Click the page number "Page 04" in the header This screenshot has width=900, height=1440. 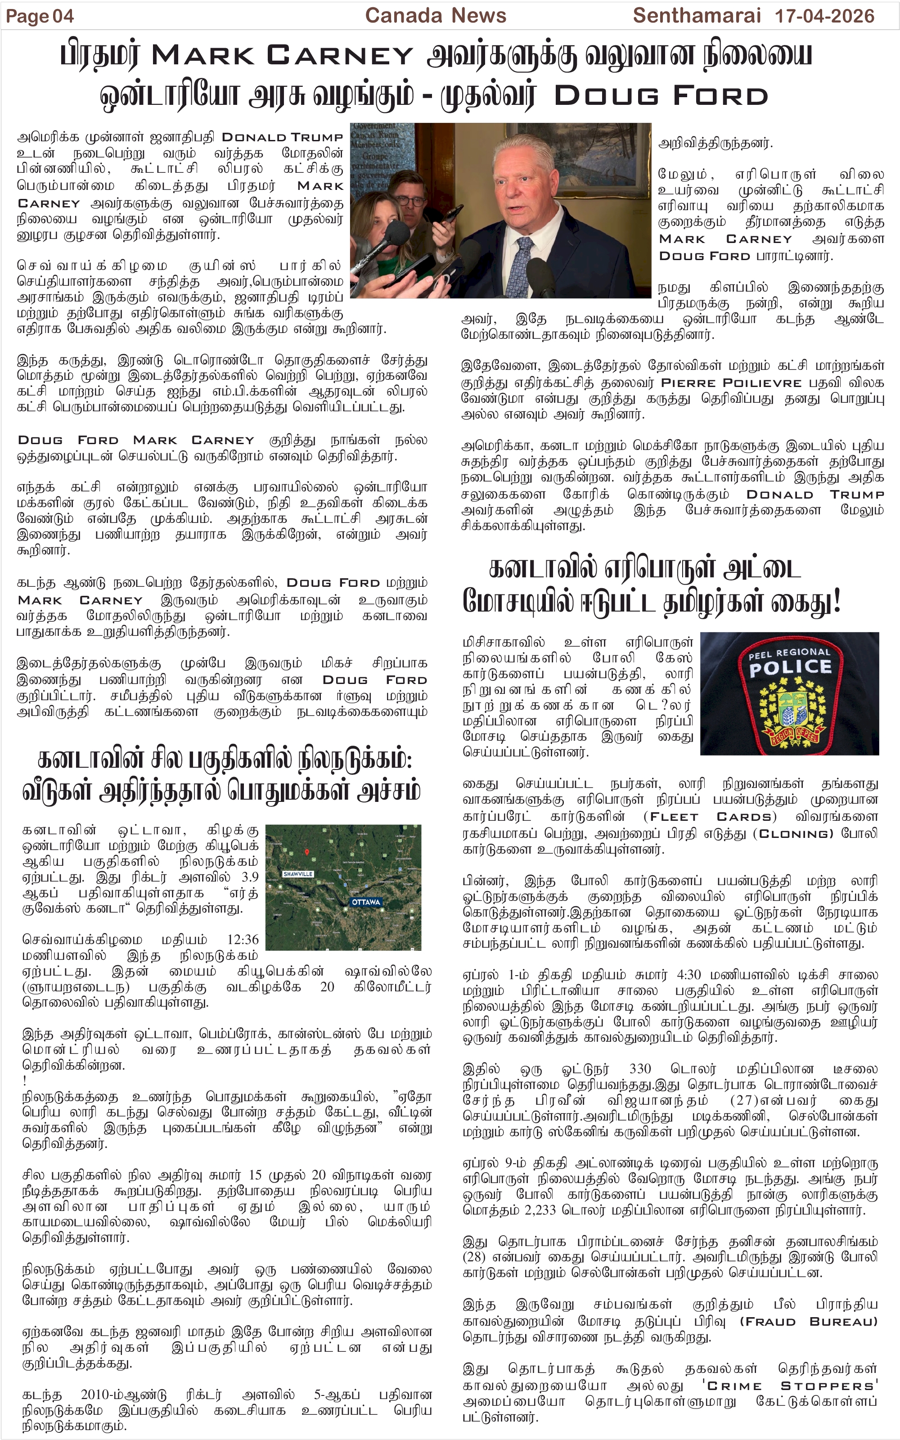pyautogui.click(x=40, y=16)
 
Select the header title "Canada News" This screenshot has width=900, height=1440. pyautogui.click(x=435, y=15)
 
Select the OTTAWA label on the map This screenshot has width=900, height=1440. pyautogui.click(x=365, y=902)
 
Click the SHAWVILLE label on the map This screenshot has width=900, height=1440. pyautogui.click(x=297, y=873)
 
